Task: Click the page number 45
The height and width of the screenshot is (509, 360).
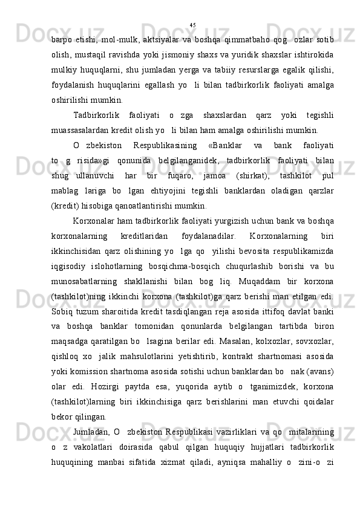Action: (192, 25)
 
